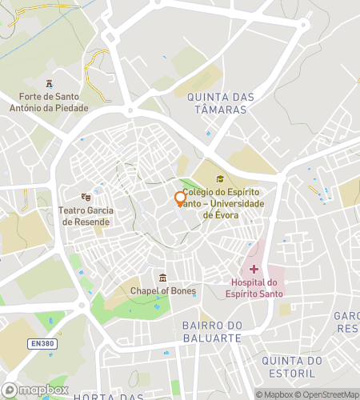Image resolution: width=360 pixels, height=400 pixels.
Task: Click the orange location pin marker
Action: click(x=180, y=198)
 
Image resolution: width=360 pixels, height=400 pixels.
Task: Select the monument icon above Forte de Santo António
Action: click(x=50, y=84)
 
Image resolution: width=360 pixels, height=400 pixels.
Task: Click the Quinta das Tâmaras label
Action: click(x=221, y=103)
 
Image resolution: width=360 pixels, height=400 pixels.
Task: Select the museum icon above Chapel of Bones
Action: click(x=163, y=277)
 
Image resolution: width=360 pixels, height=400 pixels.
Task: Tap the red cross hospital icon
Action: click(x=254, y=270)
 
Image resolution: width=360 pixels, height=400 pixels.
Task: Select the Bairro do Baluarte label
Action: click(x=211, y=331)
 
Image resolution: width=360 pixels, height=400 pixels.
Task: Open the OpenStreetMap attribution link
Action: click(x=328, y=394)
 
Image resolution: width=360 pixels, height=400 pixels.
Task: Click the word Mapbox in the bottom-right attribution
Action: click(x=278, y=394)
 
